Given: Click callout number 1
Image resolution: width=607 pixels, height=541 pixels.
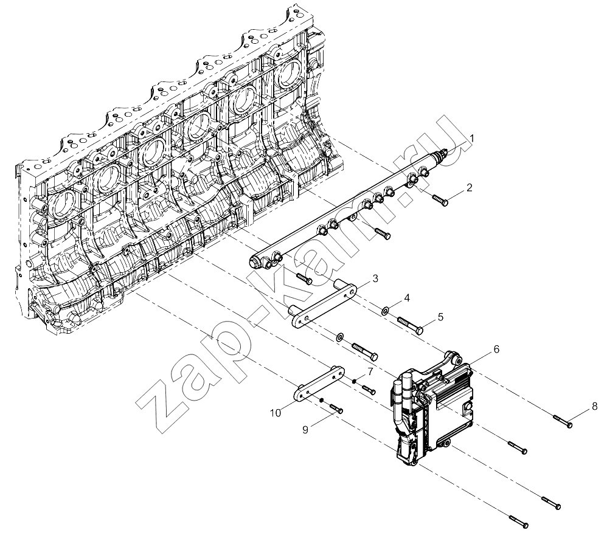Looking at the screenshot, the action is coord(471,139).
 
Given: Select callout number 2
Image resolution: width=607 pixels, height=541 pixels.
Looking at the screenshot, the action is coord(469,188).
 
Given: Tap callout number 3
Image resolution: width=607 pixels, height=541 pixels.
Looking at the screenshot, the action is coord(375,278).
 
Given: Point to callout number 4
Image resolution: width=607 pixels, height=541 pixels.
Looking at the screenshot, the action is coord(406,298).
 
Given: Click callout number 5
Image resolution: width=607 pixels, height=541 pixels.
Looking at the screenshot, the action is coord(440,317).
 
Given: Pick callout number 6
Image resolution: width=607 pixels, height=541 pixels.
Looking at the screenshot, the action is coord(496,350).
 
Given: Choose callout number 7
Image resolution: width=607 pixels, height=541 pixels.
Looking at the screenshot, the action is coord(370,372).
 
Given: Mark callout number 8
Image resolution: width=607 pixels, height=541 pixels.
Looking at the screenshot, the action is coord(595,406).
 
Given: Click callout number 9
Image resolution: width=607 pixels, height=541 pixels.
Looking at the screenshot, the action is coord(305,430).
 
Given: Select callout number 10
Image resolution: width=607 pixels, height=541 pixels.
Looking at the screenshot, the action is coord(276,413).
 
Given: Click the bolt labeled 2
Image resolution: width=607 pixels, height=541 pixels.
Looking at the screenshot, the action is coord(440,199).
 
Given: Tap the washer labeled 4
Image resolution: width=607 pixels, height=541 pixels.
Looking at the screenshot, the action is coord(385,311).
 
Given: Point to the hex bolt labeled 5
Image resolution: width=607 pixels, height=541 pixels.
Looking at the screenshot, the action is coord(410,325).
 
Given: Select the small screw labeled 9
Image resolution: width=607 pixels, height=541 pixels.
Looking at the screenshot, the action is coord(336,408).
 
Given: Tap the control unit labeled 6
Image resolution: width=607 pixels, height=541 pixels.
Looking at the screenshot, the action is coord(432,406).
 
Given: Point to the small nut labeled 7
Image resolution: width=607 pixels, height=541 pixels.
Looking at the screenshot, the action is coord(354,382).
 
